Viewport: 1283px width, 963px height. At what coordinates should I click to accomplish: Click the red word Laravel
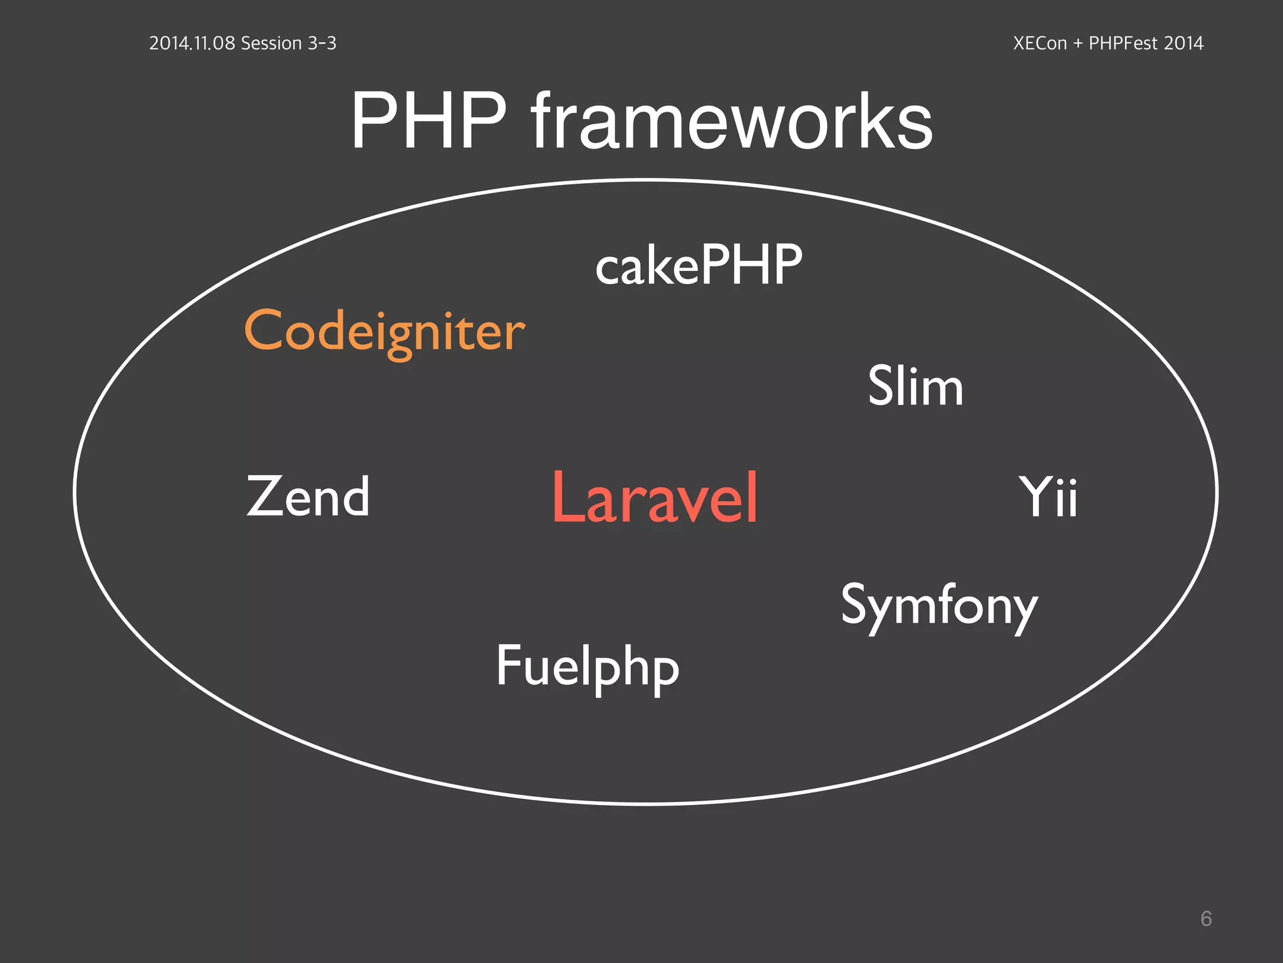(x=655, y=498)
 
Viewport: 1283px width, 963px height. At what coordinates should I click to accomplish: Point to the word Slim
(x=915, y=386)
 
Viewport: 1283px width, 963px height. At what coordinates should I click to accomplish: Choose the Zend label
(x=308, y=497)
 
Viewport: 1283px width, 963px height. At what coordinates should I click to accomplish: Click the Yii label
(x=1049, y=498)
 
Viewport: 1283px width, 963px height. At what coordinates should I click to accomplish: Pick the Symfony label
(x=939, y=606)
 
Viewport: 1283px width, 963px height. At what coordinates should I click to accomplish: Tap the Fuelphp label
(x=588, y=667)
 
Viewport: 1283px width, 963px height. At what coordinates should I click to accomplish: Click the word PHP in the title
(x=429, y=121)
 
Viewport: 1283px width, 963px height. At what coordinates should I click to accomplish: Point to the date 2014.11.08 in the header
(x=192, y=43)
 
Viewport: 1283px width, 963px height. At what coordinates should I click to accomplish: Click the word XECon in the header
(x=1040, y=43)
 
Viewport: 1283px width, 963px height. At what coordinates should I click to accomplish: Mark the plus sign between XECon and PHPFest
(x=1078, y=44)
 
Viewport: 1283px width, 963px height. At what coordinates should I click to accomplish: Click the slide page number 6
(x=1206, y=918)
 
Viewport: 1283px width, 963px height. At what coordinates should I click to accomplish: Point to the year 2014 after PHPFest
(x=1183, y=43)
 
